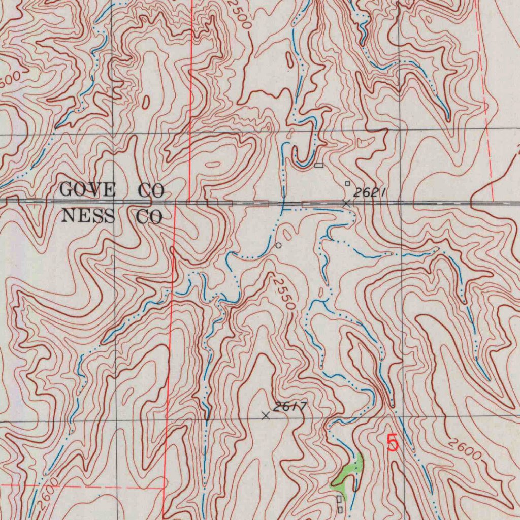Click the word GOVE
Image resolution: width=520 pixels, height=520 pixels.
pos(87,190)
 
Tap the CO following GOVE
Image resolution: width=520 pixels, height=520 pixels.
pos(151,191)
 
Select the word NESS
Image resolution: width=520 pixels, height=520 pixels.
pos(87,217)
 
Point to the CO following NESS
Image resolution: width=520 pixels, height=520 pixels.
pos(149,217)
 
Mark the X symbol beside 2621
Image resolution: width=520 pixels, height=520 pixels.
pos(346,203)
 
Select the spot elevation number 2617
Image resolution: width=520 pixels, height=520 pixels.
pos(289,406)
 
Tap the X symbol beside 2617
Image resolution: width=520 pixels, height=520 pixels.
pos(265,416)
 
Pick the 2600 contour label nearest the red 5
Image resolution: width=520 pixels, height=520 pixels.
pos(464,449)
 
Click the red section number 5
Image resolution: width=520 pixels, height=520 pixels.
pos(392,443)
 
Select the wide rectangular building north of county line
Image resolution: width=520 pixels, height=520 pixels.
pos(319,165)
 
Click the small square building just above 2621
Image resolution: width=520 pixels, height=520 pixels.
pos(348,183)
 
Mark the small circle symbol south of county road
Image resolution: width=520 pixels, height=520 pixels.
pos(278,245)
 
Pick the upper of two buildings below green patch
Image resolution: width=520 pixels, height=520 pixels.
pos(339,500)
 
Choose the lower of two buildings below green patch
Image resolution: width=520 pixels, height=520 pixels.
pos(340,509)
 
